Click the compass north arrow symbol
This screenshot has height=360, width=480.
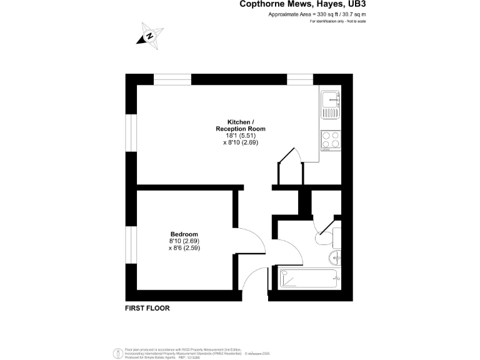tap(149, 35)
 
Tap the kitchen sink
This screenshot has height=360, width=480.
tap(329, 104)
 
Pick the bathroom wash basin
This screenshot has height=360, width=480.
tap(336, 256)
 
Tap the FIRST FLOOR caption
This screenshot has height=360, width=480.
tap(147, 308)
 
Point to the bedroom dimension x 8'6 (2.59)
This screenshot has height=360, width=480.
tap(184, 248)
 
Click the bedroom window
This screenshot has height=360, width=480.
tap(132, 245)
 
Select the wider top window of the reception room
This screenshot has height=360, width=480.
tap(172, 79)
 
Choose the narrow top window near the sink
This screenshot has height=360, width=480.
tap(300, 79)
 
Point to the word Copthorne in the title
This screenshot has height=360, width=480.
tap(261, 4)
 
